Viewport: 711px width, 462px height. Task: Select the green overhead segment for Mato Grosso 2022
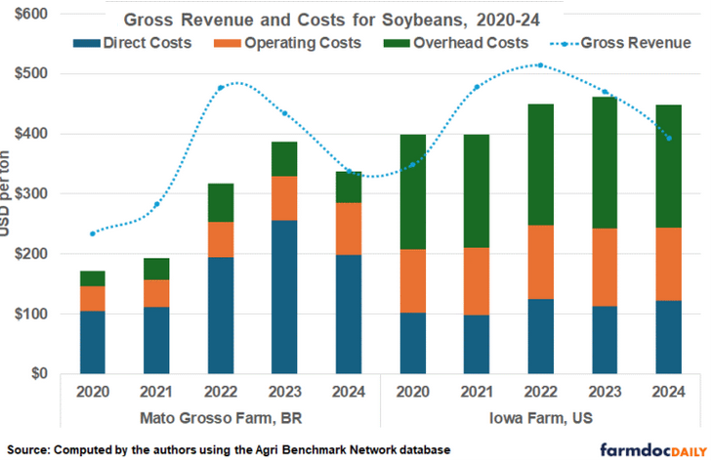220,202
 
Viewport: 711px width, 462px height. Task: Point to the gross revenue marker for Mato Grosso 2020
93,233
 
